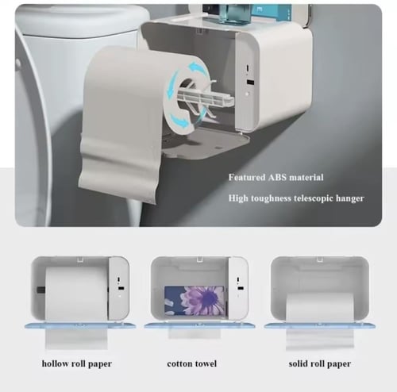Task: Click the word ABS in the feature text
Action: tap(277, 177)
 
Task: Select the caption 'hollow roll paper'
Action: tap(77, 363)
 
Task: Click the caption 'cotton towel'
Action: tap(192, 363)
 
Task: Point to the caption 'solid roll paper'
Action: tap(320, 363)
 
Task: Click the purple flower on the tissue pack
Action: tap(204, 300)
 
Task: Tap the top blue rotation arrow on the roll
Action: tap(198, 67)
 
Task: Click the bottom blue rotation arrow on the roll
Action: tap(179, 121)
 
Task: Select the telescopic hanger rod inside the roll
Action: tap(206, 98)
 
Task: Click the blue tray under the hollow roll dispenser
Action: tap(80, 326)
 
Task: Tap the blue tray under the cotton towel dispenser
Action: tap(199, 326)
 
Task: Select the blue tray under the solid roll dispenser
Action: tap(320, 326)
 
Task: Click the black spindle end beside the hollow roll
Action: tap(41, 290)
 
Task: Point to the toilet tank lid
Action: tap(82, 22)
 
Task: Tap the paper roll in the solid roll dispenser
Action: tap(320, 307)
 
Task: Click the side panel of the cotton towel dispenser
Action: tap(238, 288)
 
